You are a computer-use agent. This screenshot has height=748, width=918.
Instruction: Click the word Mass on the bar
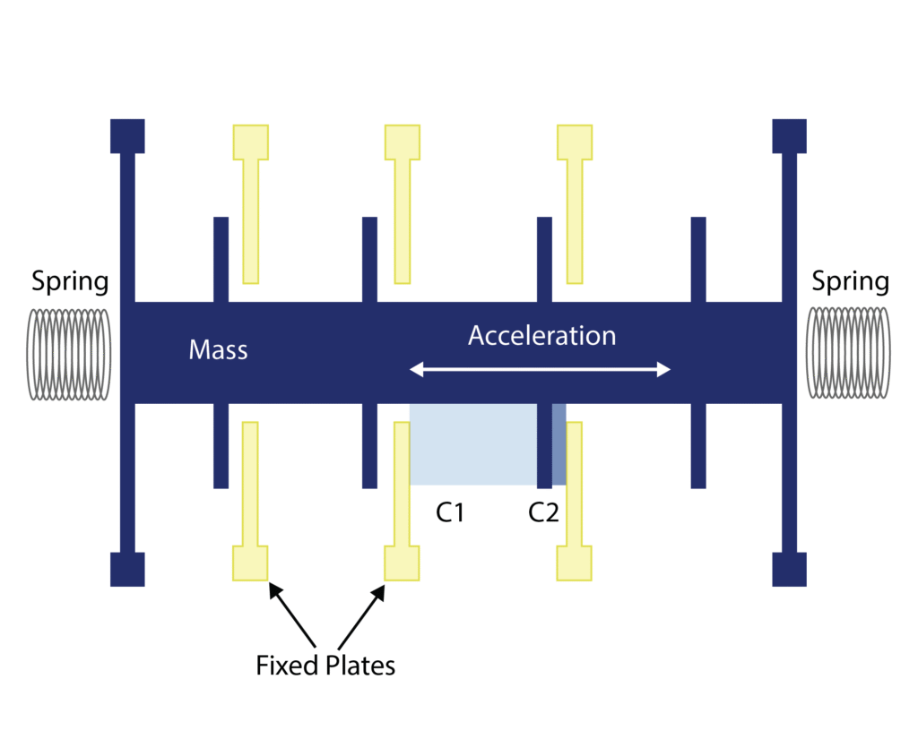point(218,348)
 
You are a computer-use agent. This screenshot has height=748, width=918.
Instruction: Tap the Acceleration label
point(541,336)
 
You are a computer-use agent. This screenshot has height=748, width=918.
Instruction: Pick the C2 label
point(543,513)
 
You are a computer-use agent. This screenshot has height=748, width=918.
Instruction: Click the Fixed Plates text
point(325,666)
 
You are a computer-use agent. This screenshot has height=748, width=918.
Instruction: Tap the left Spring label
point(70,281)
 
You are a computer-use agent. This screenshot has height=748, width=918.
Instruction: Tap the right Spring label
point(850,281)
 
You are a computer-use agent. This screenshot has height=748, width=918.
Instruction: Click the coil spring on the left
point(70,354)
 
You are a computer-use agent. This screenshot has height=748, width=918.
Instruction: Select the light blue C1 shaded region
point(471,444)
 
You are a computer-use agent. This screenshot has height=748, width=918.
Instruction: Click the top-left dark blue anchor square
point(127,135)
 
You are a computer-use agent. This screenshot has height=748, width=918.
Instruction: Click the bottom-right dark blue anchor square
point(789,569)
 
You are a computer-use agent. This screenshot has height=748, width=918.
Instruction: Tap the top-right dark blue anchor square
point(789,135)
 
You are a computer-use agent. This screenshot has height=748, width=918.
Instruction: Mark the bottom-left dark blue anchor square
point(127,569)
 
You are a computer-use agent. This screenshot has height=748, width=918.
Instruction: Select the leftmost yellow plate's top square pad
point(250,142)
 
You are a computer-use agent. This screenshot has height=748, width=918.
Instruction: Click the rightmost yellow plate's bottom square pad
point(575,563)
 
